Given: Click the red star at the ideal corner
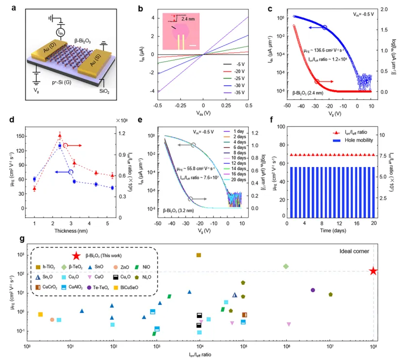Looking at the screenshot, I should (373, 271).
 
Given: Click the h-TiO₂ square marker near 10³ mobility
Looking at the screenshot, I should (199, 255).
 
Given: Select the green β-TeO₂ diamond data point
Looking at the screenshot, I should (286, 266).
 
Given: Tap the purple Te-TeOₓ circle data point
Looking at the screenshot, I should (313, 290).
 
